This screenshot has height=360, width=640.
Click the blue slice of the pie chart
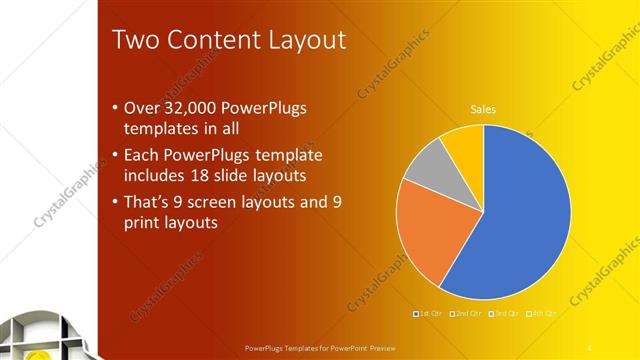(x=520, y=220)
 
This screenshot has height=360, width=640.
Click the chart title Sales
(x=484, y=110)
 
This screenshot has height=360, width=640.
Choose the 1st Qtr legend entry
(x=428, y=314)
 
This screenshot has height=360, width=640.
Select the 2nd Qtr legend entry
(x=465, y=314)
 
